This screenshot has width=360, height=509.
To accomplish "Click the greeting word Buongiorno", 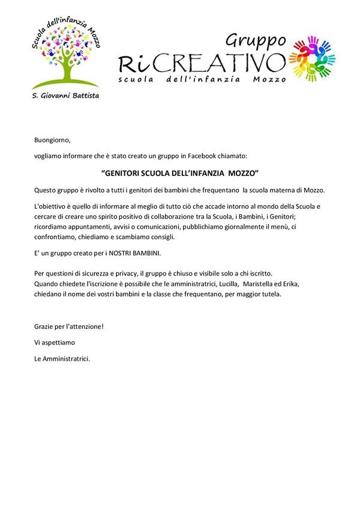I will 53,140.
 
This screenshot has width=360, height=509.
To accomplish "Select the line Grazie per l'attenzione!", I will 69,327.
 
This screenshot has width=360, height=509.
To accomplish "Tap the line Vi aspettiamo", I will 56,343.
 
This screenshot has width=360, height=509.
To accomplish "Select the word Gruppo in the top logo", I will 256,41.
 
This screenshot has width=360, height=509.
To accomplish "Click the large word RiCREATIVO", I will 202,62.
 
